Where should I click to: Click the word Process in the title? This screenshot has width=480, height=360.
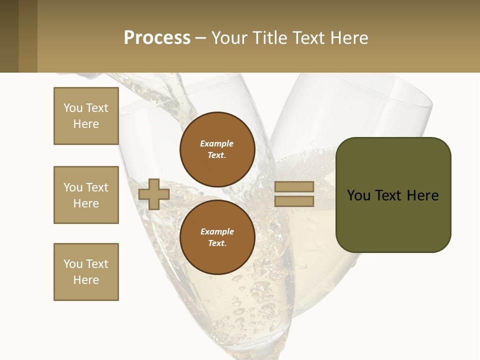click(157, 38)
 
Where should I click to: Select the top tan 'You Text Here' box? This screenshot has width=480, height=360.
click(86, 116)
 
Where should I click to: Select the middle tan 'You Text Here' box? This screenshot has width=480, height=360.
click(86, 195)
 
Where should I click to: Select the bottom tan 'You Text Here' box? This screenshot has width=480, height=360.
click(86, 272)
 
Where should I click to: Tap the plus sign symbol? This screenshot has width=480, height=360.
click(154, 194)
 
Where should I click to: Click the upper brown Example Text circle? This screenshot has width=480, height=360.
click(217, 149)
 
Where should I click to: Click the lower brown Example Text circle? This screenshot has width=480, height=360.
click(217, 237)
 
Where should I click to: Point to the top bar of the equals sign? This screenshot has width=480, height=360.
click(294, 186)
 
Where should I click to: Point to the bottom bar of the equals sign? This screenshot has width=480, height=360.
click(294, 201)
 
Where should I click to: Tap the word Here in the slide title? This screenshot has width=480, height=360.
click(348, 38)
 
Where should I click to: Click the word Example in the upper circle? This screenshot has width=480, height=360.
click(217, 143)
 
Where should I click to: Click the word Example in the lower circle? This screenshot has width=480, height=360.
click(217, 231)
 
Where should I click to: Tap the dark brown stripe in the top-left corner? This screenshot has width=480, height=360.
click(9, 36)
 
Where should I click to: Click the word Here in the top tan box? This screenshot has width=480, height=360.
click(86, 124)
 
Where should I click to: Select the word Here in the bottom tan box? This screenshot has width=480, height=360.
click(86, 280)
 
